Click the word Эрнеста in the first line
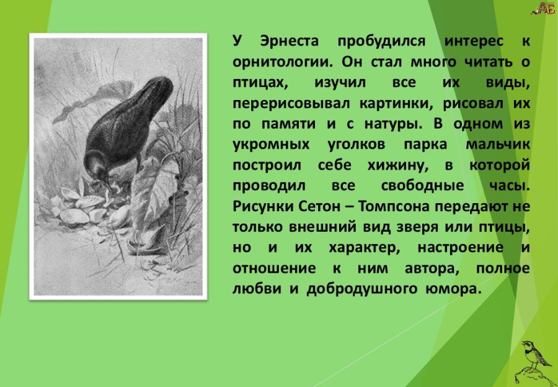(290, 42)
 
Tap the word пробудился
(381, 42)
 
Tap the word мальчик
(497, 145)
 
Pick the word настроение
(461, 248)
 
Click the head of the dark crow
(96, 163)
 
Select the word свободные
(422, 187)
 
